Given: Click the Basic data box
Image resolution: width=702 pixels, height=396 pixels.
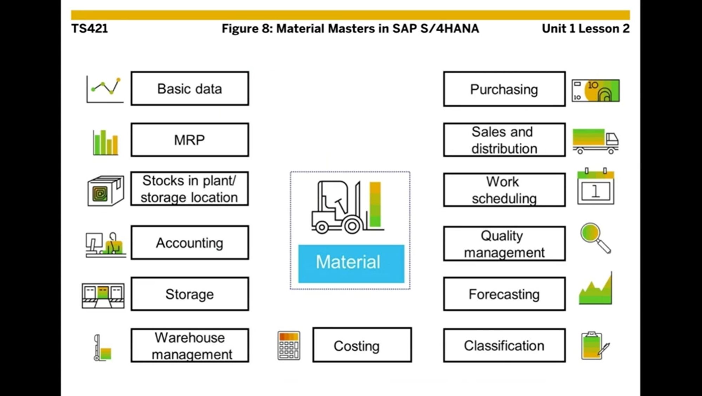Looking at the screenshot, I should [x=190, y=89].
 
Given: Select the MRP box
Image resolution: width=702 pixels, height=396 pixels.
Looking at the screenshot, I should [x=190, y=140].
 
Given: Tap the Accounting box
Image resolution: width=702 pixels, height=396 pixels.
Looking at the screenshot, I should [x=190, y=243].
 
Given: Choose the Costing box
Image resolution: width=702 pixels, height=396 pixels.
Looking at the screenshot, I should [x=362, y=345].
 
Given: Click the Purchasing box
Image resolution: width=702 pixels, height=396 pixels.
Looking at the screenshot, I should [x=504, y=89].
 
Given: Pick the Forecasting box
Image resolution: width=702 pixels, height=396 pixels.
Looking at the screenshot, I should [x=504, y=294].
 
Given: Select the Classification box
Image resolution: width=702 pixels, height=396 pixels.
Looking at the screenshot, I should [x=504, y=345].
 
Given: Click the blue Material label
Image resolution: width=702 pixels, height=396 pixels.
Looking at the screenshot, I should [x=351, y=263].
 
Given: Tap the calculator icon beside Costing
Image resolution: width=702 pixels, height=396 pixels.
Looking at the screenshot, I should [x=289, y=345].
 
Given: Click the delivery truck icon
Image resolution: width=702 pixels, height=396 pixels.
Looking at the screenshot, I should [x=595, y=141].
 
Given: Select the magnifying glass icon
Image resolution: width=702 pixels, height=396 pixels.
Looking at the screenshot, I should [x=595, y=238].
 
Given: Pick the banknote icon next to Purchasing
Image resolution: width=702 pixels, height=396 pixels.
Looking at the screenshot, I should [x=595, y=90].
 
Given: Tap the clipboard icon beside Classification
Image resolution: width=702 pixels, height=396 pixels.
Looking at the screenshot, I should [x=595, y=345].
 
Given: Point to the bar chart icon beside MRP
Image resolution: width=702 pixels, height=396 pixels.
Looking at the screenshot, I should [x=105, y=142].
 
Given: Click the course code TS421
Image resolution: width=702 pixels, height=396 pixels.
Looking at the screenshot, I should [x=90, y=28].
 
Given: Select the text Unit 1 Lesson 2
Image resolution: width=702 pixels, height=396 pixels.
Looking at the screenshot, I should [x=585, y=28].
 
